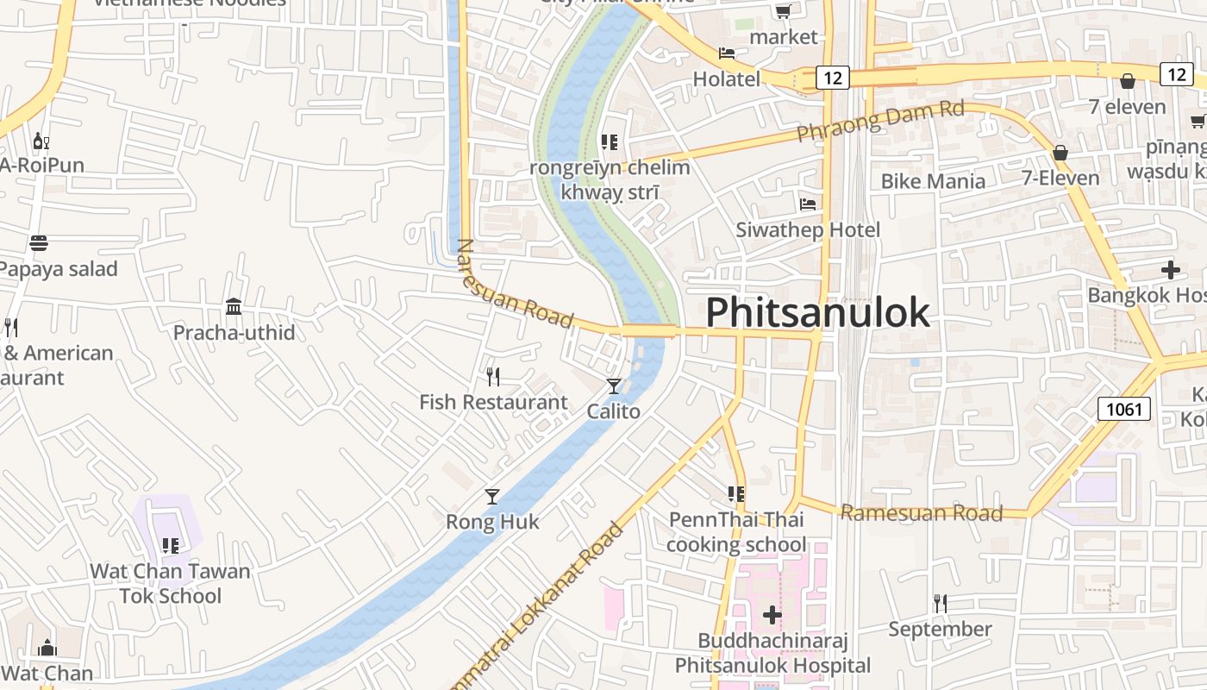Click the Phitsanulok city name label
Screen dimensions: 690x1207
[817, 312]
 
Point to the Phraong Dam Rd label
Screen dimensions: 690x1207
[879, 122]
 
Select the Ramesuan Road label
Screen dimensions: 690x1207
[921, 513]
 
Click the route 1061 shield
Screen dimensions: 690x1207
[1124, 408]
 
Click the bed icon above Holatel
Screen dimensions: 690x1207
[727, 53]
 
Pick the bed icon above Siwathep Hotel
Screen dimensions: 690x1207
[808, 204]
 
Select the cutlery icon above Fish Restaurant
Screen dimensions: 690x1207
[492, 376]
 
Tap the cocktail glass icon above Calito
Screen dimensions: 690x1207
[613, 386]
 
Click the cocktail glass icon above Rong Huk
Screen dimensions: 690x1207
[491, 496]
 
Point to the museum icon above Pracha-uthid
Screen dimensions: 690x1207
[233, 306]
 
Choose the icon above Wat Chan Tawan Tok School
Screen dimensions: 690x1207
[171, 545]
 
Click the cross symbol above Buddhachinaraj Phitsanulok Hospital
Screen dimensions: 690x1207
[772, 615]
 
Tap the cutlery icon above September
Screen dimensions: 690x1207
[940, 603]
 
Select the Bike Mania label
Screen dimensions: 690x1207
[933, 181]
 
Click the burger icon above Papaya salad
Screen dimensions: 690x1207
[39, 243]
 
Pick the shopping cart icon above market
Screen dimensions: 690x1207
[783, 11]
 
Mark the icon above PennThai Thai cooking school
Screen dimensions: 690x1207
[735, 494]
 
